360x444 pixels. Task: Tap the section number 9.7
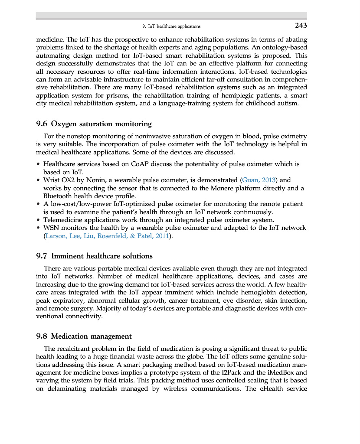42,256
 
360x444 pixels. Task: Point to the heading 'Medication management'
91,336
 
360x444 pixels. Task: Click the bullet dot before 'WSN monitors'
39,228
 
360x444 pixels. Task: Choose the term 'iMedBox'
292,372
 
